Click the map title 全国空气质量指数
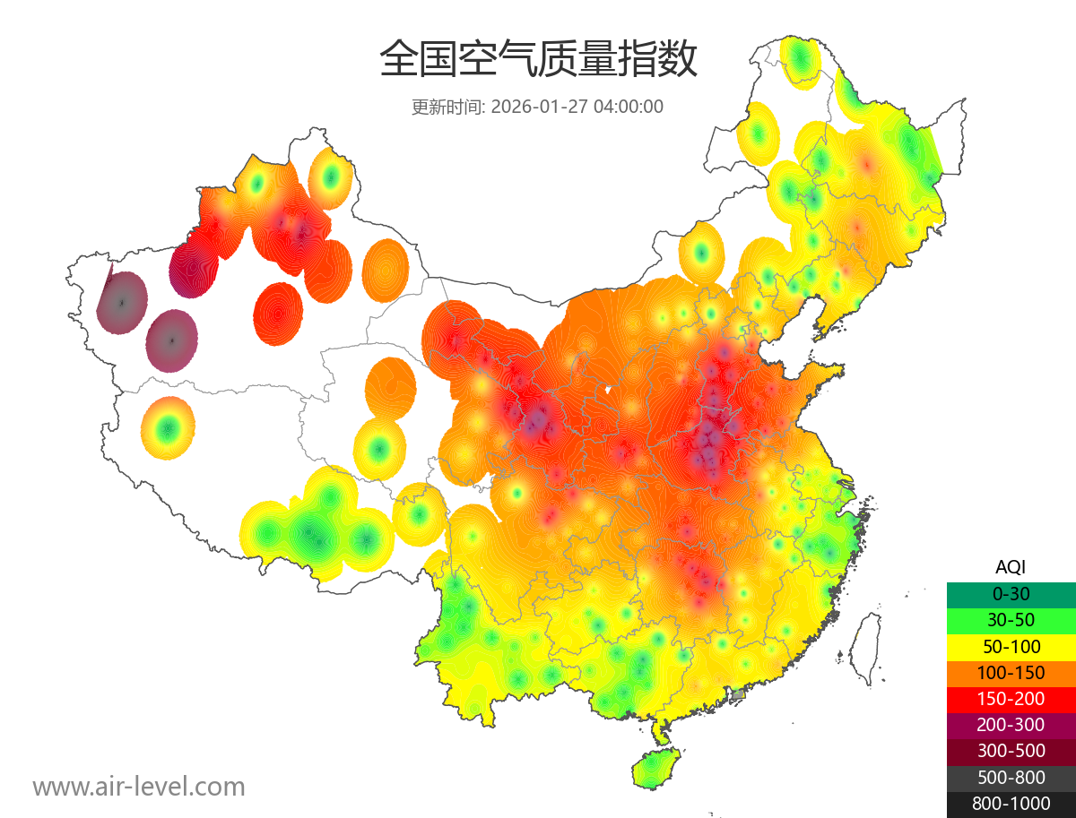coord(538,60)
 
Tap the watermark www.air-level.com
coord(139,787)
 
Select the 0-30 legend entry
coord(1011,594)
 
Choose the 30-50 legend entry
coord(1011,620)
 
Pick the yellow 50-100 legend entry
coord(1011,646)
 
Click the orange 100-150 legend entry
coord(1011,673)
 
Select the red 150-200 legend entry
coord(1011,699)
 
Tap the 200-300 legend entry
coord(1011,725)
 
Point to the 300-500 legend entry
coord(1011,751)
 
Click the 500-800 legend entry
coord(1011,778)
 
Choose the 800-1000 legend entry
coord(1011,804)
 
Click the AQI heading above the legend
coord(1011,567)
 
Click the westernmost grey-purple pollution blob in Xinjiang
coord(122,303)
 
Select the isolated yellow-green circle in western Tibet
coord(167,428)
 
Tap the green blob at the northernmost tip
coord(800,60)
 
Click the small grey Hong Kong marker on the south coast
coord(738,694)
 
